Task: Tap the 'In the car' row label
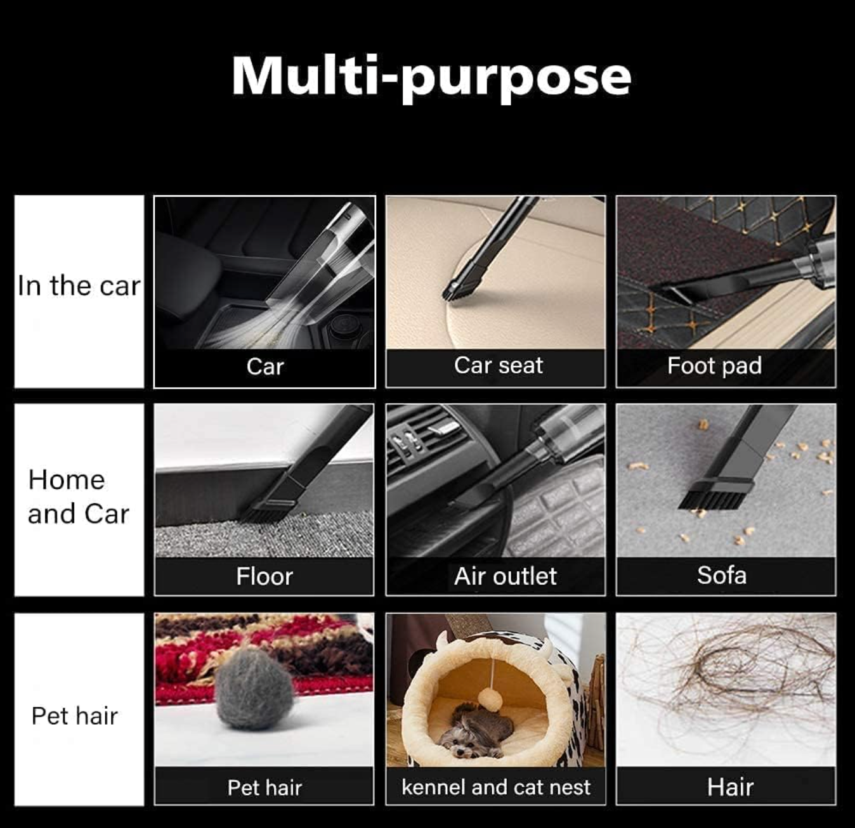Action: click(79, 286)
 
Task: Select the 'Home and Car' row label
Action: click(78, 496)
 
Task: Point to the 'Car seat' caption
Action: click(499, 365)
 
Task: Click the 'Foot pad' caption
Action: click(714, 366)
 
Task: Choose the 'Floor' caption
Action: click(264, 576)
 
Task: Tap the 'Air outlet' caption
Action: click(506, 576)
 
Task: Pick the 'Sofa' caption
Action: click(722, 575)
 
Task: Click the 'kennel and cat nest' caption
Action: click(496, 787)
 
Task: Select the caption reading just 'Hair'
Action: click(730, 787)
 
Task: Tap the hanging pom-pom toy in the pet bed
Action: click(490, 699)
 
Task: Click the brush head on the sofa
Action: click(715, 495)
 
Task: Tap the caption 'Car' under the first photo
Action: click(265, 366)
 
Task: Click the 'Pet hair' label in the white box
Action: click(75, 716)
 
